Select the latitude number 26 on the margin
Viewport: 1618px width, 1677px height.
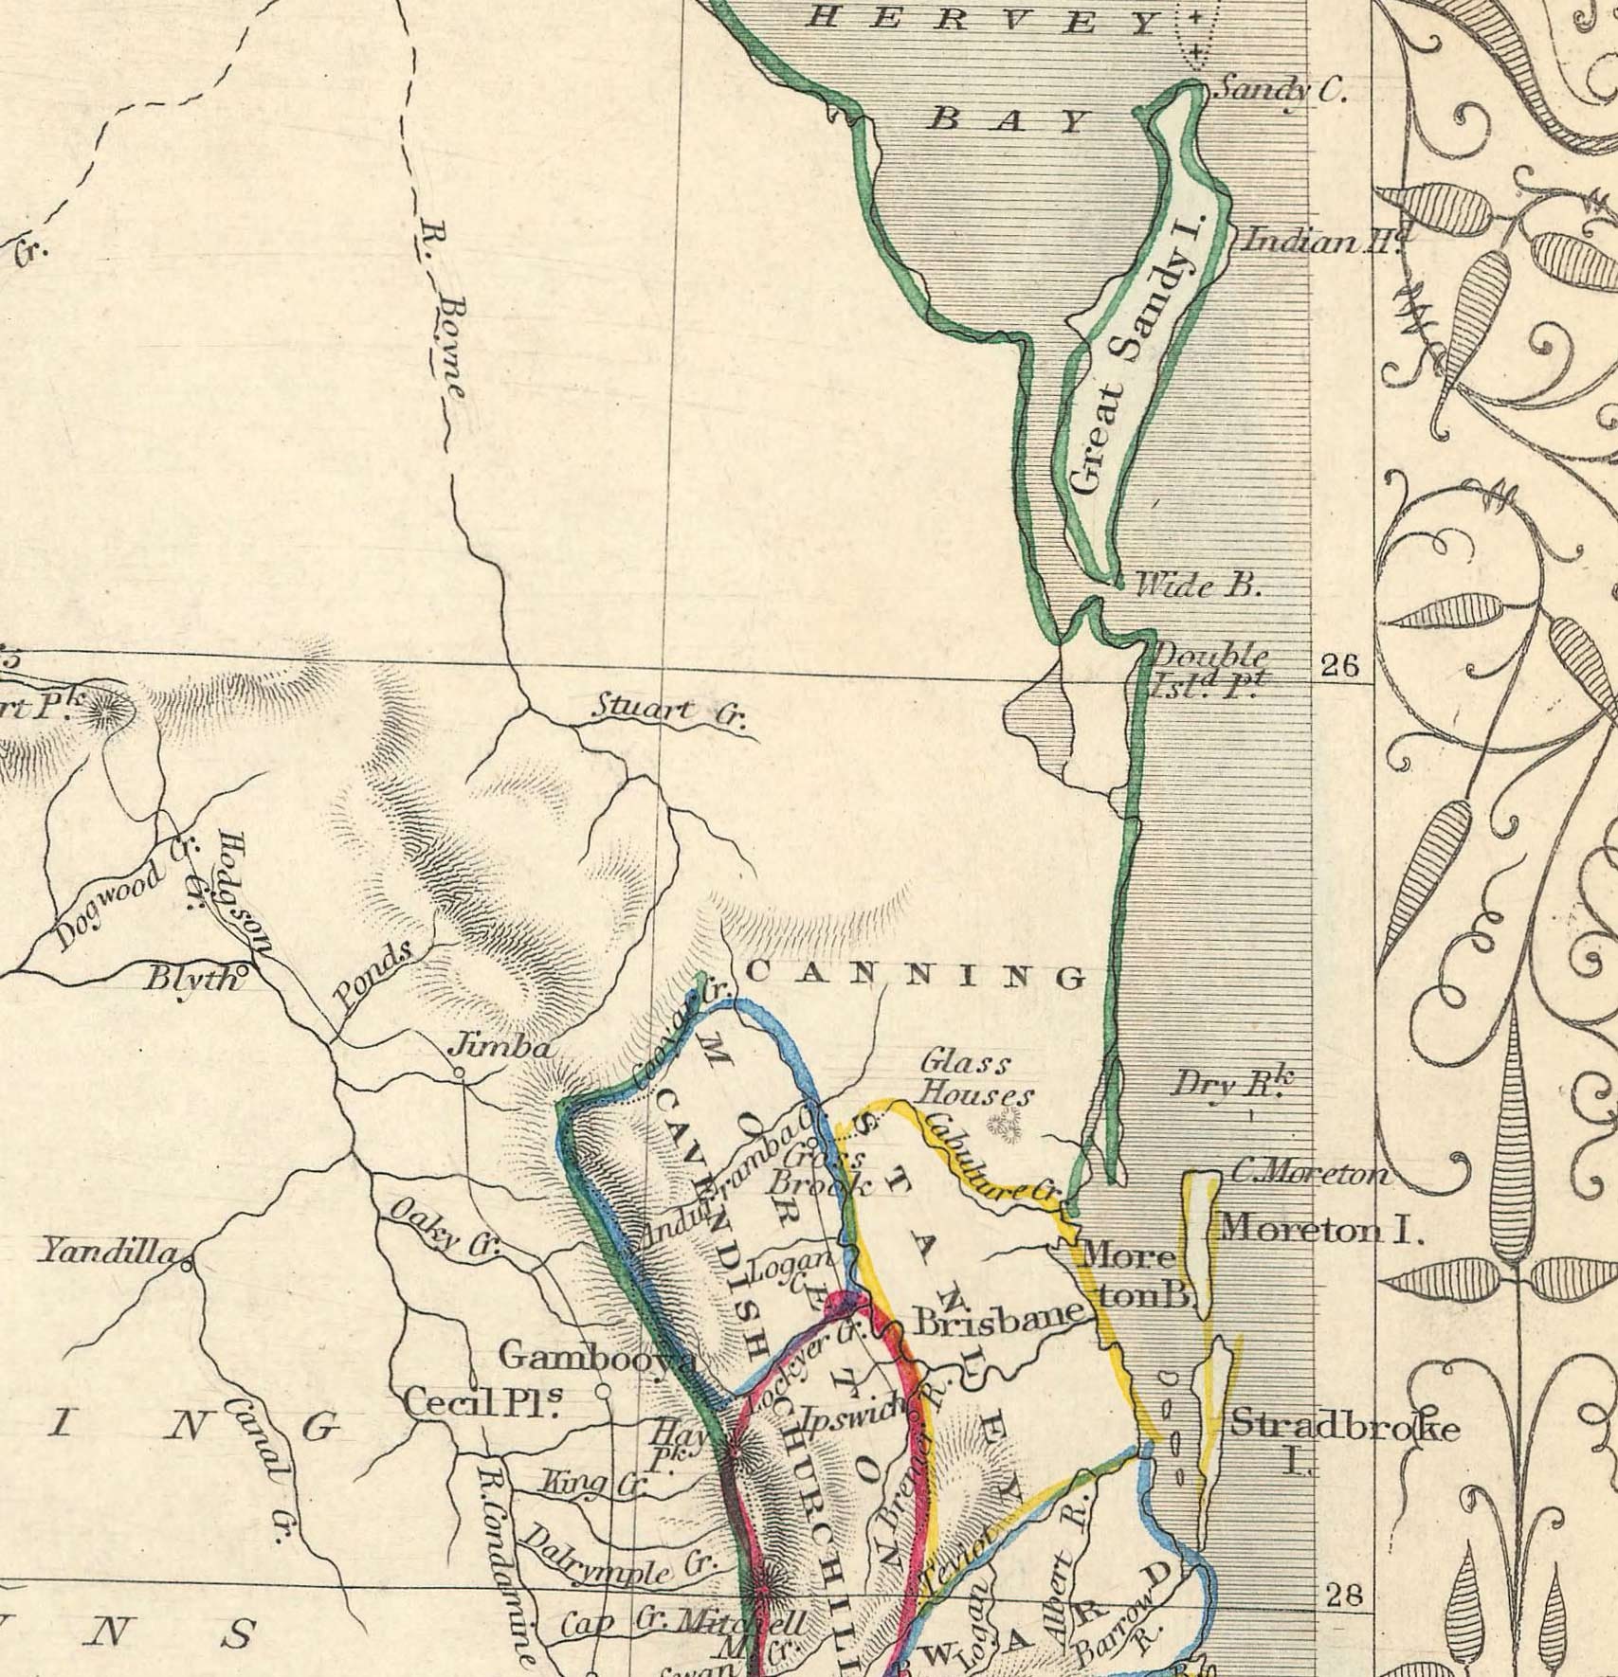(1339, 666)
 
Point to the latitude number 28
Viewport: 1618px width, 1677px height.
(1344, 1596)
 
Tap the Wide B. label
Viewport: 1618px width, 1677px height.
(1198, 586)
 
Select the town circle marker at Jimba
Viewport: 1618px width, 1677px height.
(459, 1073)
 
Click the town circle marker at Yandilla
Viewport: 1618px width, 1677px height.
(187, 1263)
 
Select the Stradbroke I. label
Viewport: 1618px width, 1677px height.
(1343, 1441)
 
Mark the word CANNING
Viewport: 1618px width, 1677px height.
(917, 975)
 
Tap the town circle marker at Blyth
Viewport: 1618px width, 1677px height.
(243, 971)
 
